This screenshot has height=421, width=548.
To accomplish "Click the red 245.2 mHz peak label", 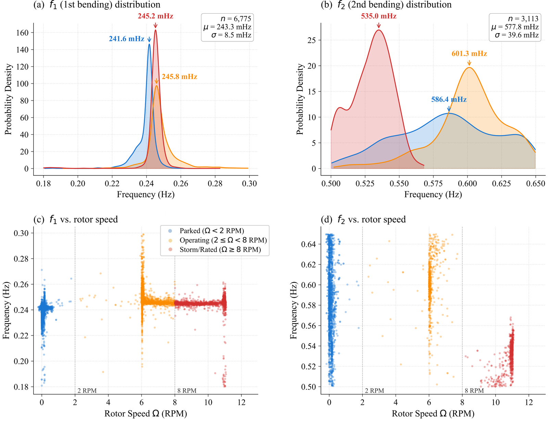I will (155, 16).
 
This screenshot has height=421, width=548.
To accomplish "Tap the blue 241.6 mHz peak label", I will (126, 39).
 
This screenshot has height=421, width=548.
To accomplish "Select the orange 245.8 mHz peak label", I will (179, 77).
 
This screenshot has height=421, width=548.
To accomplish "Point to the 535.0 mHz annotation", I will (378, 16).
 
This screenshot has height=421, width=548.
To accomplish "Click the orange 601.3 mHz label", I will (469, 54).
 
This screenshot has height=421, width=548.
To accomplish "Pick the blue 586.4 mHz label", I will (449, 100).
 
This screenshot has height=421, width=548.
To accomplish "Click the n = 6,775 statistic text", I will (236, 19).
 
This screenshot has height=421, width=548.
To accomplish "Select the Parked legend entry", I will (212, 231).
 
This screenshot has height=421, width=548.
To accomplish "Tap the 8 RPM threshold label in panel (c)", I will (187, 391).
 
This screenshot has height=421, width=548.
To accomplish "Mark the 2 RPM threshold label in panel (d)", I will (374, 391).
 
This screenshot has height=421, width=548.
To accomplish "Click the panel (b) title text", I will (386, 5).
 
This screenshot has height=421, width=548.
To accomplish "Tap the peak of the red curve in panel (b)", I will (378, 30).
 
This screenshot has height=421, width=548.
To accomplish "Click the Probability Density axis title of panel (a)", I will (8, 100).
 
